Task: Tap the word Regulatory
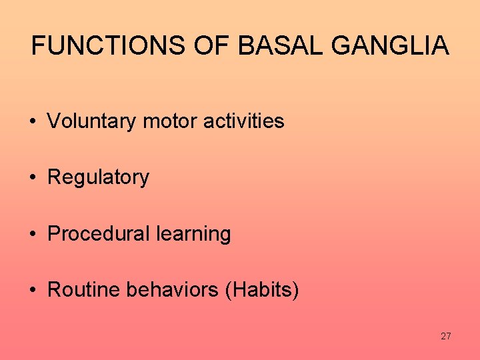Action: (99, 177)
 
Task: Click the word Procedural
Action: (99, 234)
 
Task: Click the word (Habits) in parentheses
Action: (263, 290)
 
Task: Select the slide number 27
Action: (445, 336)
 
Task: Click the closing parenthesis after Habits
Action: (296, 291)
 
